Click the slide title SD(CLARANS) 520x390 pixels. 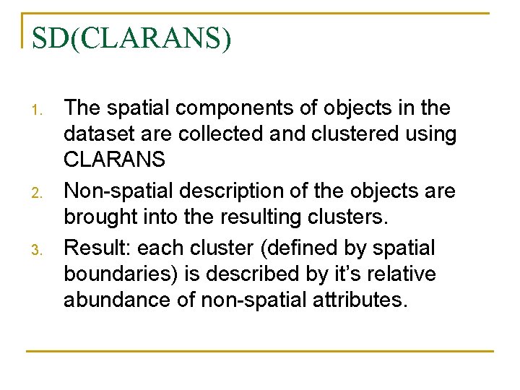[132, 38]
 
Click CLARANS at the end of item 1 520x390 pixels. [114, 159]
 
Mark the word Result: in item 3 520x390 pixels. [97, 248]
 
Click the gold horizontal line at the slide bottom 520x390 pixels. [260, 351]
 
